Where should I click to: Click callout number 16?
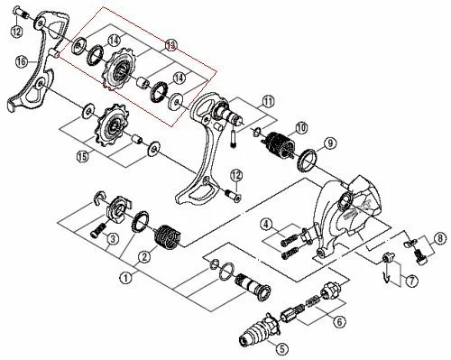pyautogui.click(x=20, y=62)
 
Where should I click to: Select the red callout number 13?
pyautogui.click(x=171, y=44)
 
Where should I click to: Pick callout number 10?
pyautogui.click(x=301, y=128)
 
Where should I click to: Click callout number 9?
pyautogui.click(x=329, y=143)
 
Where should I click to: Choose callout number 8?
pyautogui.click(x=439, y=238)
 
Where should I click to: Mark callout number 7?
pyautogui.click(x=410, y=282)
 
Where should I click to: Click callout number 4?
pyautogui.click(x=267, y=224)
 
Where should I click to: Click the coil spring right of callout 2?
pyautogui.click(x=167, y=237)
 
